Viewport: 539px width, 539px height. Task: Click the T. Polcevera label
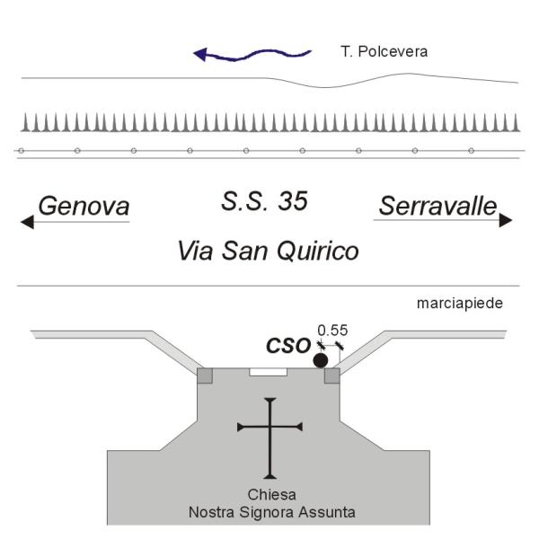coord(384,52)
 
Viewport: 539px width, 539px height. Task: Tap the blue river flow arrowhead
coord(200,54)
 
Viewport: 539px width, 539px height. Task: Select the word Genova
coord(84,207)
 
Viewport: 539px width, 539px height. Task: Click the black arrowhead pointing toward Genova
coord(27,222)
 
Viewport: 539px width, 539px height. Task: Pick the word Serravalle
coord(438,207)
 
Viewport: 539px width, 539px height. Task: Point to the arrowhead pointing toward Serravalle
coord(506,220)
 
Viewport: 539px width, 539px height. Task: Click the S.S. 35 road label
coord(264,201)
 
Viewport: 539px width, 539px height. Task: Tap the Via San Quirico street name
coord(268,251)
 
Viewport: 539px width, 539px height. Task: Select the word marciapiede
coord(460,304)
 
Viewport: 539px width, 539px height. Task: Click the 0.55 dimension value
coord(332,331)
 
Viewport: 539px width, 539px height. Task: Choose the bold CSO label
coord(288,346)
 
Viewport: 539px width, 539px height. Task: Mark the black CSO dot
coord(321,360)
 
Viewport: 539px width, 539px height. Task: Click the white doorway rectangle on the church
coord(268,372)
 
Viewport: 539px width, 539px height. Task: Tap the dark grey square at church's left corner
coord(205,376)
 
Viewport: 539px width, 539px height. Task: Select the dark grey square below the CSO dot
coord(332,376)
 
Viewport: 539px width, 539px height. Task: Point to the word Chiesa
coord(271,495)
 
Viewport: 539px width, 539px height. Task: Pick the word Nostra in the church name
coord(212,513)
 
